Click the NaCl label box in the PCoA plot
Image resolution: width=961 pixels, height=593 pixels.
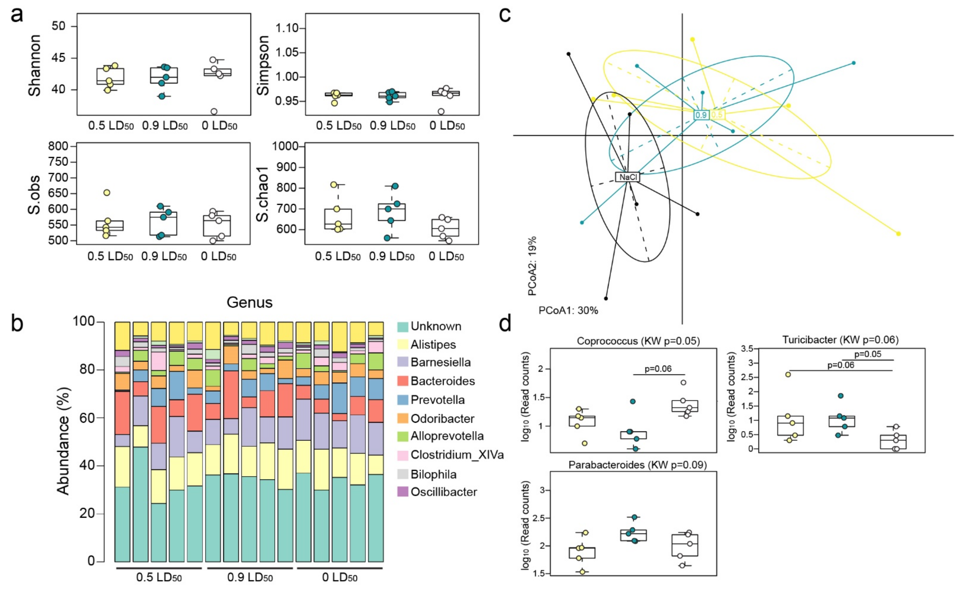coord(627,177)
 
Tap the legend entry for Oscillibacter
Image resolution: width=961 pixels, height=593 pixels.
coord(443,492)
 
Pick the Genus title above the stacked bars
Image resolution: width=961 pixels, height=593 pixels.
coord(250,302)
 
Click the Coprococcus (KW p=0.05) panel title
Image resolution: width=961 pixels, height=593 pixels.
coord(638,341)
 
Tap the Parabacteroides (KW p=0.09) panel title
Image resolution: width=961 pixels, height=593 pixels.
coord(637,465)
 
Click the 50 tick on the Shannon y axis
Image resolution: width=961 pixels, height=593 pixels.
coord(58,26)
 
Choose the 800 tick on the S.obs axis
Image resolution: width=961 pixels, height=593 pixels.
coord(58,146)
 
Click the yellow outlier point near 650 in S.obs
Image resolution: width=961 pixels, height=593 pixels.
coord(107,193)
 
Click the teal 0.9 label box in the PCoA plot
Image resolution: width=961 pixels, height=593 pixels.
coord(701,115)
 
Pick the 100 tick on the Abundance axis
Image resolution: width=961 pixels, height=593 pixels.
coord(84,321)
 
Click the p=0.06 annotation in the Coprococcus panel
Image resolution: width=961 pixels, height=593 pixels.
coord(658,369)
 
